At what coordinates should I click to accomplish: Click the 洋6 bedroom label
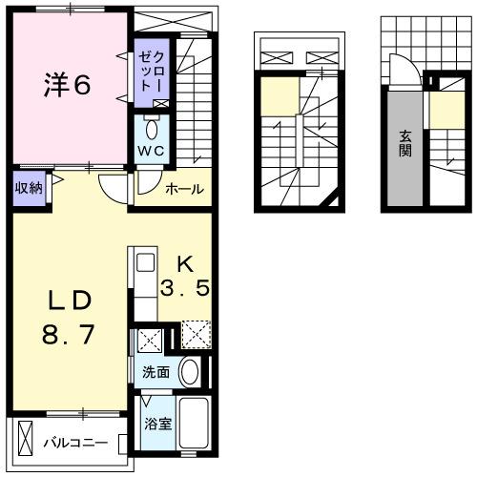[x=66, y=84]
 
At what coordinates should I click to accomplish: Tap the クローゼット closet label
[x=152, y=68]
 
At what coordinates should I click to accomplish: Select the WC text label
[x=152, y=150]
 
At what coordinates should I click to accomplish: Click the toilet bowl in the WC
[x=153, y=128]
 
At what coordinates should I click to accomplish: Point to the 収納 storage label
[x=27, y=188]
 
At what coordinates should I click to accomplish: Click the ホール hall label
[x=183, y=189]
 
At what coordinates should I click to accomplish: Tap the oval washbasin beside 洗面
[x=189, y=371]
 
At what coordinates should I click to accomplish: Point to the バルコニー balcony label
[x=74, y=444]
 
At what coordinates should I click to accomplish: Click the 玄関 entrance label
[x=405, y=143]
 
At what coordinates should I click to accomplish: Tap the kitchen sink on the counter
[x=146, y=261]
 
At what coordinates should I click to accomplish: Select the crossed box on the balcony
[x=25, y=442]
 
